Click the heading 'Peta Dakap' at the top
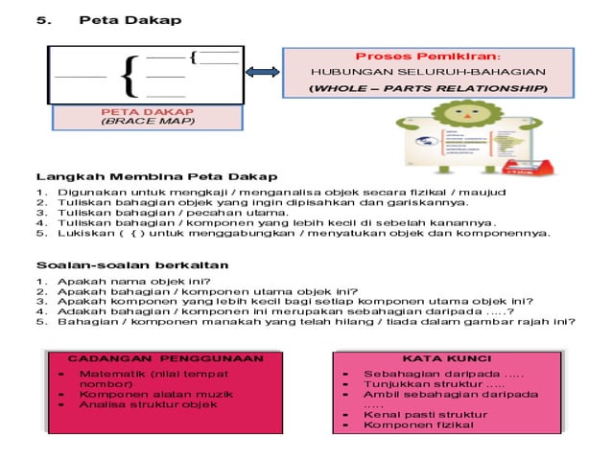pos(129,20)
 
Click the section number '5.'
pos(45,20)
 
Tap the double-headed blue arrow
pos(262,73)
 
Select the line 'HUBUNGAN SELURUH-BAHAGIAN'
pos(427,72)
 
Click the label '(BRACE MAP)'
pos(148,122)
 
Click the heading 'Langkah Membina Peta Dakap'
pos(157,177)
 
